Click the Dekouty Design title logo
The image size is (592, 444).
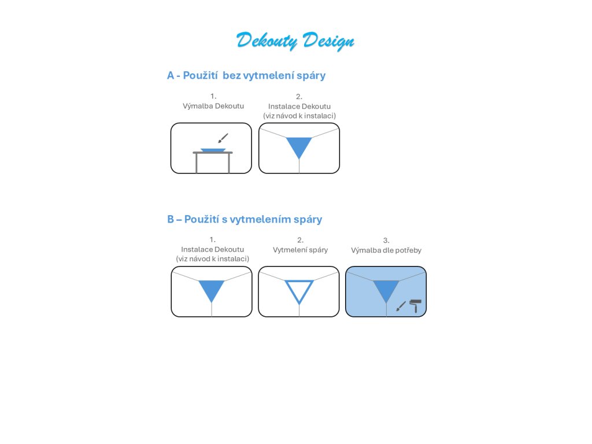click(x=295, y=41)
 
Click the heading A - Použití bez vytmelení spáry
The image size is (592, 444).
click(x=246, y=76)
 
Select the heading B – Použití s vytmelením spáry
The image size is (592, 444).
click(x=244, y=220)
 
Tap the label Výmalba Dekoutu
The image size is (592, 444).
click(x=213, y=106)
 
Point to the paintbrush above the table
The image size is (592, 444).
click(x=223, y=138)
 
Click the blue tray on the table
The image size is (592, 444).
click(x=213, y=150)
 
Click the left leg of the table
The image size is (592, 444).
click(x=197, y=163)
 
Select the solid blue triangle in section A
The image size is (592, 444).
click(x=299, y=146)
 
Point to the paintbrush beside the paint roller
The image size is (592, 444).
click(x=401, y=306)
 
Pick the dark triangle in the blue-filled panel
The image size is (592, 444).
click(x=386, y=289)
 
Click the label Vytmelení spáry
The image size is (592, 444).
click(x=300, y=250)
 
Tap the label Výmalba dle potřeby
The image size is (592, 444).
click(x=386, y=250)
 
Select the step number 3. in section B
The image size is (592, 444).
click(x=386, y=240)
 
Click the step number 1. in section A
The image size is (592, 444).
click(x=213, y=97)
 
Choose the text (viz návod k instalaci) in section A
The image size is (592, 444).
click(x=299, y=116)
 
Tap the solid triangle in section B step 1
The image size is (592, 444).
click(x=212, y=289)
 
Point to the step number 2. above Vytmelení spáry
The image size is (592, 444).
click(x=300, y=240)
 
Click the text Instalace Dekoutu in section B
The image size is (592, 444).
click(x=212, y=249)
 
